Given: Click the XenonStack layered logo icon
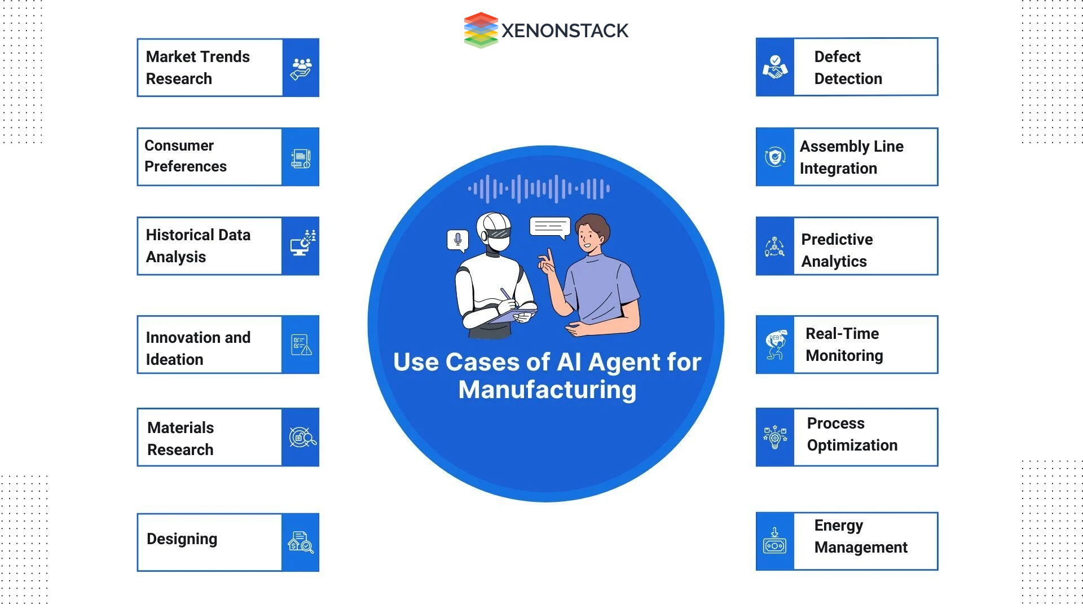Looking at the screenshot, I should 481,30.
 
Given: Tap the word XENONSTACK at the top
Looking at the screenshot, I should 565,30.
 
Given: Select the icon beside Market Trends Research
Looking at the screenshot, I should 301,68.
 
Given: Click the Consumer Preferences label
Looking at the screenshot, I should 186,156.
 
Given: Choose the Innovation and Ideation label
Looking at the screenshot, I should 198,348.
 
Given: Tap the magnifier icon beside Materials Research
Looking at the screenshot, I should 302,438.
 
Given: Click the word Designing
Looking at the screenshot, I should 182,539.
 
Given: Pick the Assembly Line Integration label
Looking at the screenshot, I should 851,157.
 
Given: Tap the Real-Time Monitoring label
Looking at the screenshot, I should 844,345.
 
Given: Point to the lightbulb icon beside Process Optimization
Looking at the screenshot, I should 775,438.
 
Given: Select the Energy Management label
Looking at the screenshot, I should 860,536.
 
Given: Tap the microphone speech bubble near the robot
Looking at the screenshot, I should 457,240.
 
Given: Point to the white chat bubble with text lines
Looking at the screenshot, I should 549,227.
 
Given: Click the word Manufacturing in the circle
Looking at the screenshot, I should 547,390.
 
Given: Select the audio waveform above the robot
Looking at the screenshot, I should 539,188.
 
